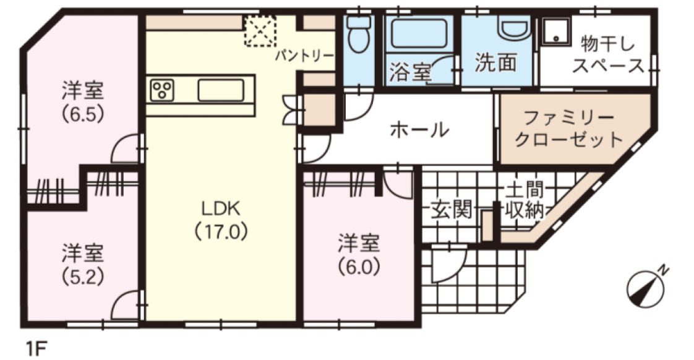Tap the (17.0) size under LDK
coord(220,231)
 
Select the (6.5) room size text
coord(83,114)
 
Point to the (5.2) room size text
coord(83,276)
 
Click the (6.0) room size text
coord(359,267)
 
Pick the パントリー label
coord(305,56)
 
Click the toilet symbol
coord(359,35)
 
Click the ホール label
coord(419,130)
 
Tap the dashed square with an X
coord(260,31)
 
